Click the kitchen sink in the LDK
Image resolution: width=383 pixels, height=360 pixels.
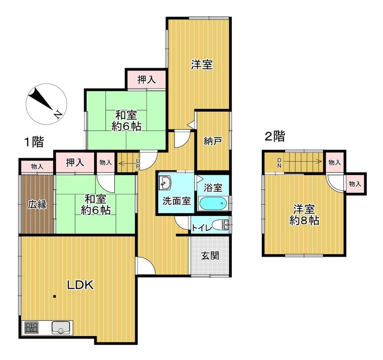(61, 328)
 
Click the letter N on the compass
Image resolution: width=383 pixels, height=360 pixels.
(58, 114)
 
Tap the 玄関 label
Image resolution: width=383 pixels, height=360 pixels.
(210, 256)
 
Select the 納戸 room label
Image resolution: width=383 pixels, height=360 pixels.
(213, 141)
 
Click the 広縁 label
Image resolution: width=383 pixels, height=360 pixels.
(37, 204)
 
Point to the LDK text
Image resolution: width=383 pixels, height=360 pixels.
(80, 285)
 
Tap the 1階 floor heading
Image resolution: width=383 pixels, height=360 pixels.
(34, 142)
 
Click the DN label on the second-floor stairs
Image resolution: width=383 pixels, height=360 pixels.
(279, 163)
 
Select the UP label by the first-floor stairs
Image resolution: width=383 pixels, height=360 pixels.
(138, 164)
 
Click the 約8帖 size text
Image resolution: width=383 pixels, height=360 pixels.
(304, 221)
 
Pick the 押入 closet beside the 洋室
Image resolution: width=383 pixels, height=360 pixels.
(146, 80)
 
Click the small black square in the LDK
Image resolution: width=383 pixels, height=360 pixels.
(54, 297)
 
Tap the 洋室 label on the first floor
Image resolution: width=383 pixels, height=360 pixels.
(202, 64)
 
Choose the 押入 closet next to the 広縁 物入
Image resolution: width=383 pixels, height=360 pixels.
(75, 163)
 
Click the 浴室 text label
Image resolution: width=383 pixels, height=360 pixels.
(213, 187)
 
